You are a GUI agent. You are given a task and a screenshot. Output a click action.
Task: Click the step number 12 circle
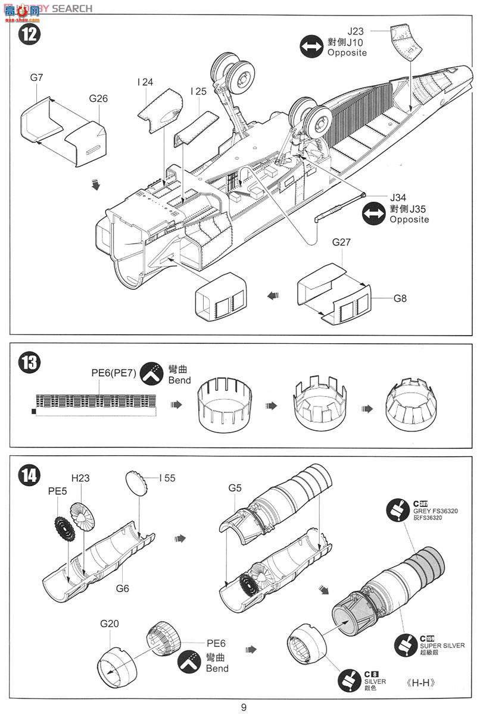[29, 33]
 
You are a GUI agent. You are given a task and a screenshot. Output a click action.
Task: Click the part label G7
[36, 77]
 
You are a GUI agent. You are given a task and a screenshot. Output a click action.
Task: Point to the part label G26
[98, 98]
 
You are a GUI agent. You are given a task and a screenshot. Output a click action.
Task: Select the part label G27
[342, 242]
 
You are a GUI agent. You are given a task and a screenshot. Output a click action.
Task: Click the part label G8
[399, 298]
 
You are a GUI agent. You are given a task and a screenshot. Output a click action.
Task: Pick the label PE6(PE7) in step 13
[114, 373]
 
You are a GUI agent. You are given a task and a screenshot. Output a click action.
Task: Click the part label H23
[80, 478]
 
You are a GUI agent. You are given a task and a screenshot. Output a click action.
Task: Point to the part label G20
[110, 624]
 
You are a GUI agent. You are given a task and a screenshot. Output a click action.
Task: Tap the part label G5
[235, 488]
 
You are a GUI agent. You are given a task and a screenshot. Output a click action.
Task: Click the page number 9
[244, 707]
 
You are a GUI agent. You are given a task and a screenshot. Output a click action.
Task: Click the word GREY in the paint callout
[428, 511]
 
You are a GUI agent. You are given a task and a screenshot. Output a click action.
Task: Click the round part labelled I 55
[137, 483]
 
